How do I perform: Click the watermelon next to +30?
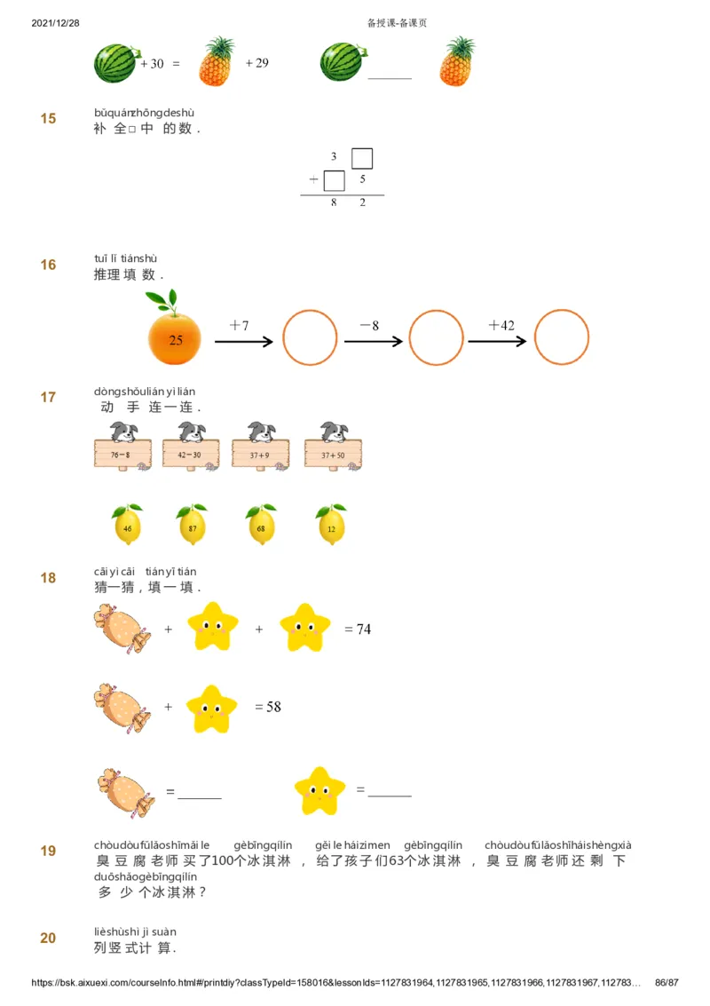[x=114, y=63]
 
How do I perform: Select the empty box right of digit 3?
[x=361, y=158]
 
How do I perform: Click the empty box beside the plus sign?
[x=334, y=180]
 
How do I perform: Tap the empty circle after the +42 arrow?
[x=561, y=337]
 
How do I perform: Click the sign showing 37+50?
[x=333, y=454]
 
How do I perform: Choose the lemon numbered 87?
[x=191, y=526]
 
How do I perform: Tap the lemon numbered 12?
[x=331, y=526]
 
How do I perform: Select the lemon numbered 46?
[x=127, y=526]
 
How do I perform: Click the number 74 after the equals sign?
[x=364, y=630]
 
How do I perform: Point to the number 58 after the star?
[x=274, y=707]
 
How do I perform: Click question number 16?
[x=48, y=265]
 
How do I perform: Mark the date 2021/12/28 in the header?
[x=55, y=23]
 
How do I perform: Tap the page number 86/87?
[x=666, y=983]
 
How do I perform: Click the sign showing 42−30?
[x=190, y=454]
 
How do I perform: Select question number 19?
[x=48, y=851]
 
